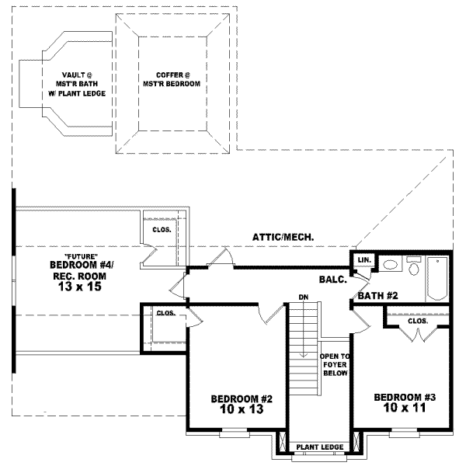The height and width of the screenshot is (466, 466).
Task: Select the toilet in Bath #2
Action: coord(413,269)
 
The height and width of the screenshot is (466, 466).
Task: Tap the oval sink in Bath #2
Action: coord(391,266)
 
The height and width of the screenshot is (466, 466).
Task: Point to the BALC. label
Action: coord(332,277)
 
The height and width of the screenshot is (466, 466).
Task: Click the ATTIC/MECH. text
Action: coord(287,237)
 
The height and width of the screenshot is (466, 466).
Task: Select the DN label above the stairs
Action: coord(305,297)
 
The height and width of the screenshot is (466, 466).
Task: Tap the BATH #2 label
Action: coord(377,295)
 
